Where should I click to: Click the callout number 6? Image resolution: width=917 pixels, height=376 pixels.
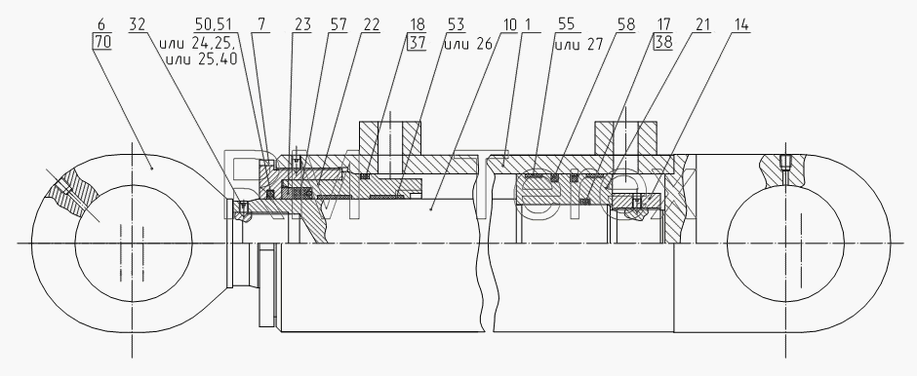pos(101,24)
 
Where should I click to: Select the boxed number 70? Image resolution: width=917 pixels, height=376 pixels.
pos(101,42)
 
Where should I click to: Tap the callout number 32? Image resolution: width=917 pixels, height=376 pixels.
pos(137,24)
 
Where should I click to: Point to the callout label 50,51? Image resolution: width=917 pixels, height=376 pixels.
pos(214,24)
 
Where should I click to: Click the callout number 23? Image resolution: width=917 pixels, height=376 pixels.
pos(302,24)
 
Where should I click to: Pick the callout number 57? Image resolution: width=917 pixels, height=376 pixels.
pos(339,24)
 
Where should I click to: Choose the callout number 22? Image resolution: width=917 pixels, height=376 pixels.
pos(371,24)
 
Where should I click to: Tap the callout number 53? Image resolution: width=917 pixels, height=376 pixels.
pos(456,24)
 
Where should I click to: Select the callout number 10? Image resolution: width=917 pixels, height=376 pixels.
pos(509,24)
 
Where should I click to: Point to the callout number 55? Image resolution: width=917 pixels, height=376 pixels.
pos(566,24)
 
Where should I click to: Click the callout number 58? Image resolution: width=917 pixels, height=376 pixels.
pos(625,24)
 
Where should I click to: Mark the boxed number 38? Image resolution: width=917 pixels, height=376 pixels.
pos(664,42)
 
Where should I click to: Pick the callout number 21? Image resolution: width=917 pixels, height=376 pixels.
pos(702,24)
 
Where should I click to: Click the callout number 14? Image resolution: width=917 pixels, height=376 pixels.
pos(739,24)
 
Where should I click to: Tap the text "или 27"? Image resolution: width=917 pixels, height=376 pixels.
pos(578,44)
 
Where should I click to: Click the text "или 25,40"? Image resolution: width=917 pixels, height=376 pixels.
pos(202,57)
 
